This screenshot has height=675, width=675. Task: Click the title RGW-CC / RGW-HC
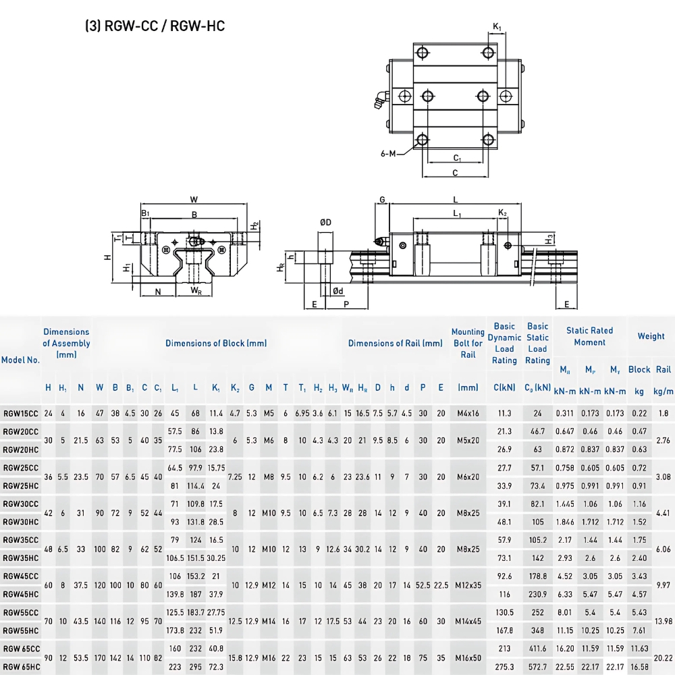tap(155, 26)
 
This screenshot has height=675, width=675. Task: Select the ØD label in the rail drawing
tap(325, 222)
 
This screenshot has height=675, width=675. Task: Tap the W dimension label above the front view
tap(194, 199)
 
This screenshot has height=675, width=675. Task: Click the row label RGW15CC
tap(20, 413)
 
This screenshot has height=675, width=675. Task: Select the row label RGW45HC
tap(20, 594)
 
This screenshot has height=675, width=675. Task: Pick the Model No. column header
tap(20, 360)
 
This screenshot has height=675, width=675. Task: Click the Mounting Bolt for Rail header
tap(468, 344)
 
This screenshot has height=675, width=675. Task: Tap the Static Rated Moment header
tap(589, 336)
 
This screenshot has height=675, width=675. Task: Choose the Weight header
tap(651, 336)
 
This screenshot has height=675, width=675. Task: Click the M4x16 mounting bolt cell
tap(468, 413)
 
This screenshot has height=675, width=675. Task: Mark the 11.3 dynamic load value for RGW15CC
tap(504, 413)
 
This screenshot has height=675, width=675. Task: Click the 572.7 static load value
tap(537, 667)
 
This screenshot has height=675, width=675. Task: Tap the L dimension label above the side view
tap(456, 200)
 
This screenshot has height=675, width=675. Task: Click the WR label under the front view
tap(195, 292)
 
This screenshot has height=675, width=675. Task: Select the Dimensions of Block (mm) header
tap(216, 343)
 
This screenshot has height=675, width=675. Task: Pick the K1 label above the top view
tap(497, 26)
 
